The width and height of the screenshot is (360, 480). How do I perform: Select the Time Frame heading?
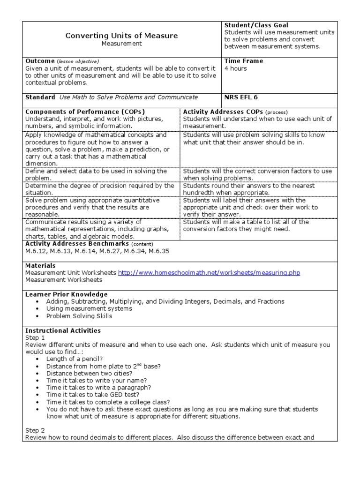(243, 61)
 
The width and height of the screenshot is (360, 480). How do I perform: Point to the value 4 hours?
(235, 68)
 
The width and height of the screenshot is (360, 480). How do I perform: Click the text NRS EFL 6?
(241, 97)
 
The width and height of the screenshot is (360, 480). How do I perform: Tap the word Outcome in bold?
(40, 61)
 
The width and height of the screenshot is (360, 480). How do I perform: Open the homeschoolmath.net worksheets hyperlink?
(209, 273)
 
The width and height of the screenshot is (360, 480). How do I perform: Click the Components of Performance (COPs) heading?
(85, 112)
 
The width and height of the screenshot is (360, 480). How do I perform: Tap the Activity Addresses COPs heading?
(223, 112)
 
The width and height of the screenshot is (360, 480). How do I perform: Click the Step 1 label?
(35, 337)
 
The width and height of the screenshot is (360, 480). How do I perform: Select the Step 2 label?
(35, 430)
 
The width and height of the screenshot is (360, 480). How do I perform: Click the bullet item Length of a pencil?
(74, 359)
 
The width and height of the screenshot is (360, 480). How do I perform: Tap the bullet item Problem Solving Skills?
(79, 316)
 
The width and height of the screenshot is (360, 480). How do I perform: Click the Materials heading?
(40, 266)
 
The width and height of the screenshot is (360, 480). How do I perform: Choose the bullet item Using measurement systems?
(89, 309)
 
